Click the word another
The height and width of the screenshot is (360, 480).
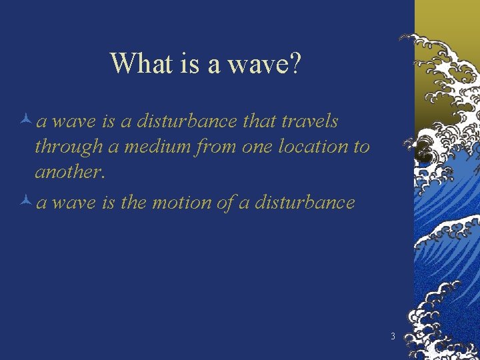pos(69,172)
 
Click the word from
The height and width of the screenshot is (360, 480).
pos(212,147)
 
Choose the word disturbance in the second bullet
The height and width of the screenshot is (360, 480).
pos(307,203)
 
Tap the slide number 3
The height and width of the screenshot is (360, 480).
pos(393,336)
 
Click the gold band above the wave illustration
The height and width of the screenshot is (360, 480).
pos(447,17)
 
